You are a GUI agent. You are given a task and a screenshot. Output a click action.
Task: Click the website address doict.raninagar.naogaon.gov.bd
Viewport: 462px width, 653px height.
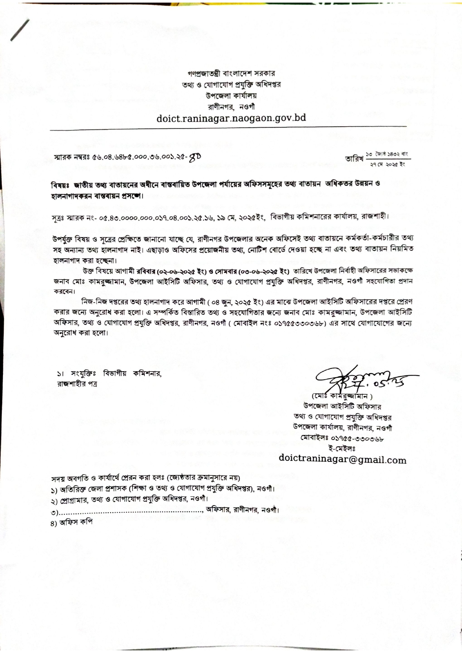[231, 118]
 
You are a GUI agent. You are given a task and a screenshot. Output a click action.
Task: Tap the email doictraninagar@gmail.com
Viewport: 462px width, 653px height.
[342, 460]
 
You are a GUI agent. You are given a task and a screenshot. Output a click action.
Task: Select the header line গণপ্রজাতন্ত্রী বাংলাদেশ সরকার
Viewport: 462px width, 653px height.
[231, 73]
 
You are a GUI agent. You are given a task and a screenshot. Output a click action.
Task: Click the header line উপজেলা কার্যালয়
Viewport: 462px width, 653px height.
[231, 95]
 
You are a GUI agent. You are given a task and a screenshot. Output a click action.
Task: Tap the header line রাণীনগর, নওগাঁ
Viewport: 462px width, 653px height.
[231, 106]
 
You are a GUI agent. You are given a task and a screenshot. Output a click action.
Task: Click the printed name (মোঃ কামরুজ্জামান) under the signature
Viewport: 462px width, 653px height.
[342, 396]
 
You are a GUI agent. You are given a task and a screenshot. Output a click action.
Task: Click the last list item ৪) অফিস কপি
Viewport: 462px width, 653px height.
[72, 522]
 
